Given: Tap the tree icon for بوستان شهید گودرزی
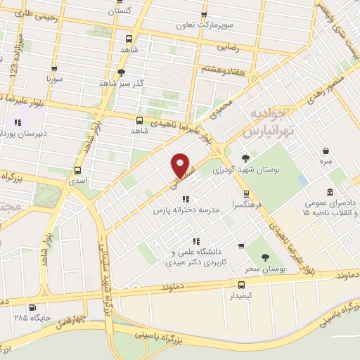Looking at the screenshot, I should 245,158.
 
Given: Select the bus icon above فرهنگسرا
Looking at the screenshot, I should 245,194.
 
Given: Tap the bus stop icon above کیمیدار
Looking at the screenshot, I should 242,285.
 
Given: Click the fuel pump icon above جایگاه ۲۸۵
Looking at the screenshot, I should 32,307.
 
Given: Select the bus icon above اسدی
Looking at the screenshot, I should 77,169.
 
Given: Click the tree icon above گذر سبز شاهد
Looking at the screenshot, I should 121,72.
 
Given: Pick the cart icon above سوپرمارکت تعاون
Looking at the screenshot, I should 204,14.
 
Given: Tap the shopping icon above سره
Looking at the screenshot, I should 326,150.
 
